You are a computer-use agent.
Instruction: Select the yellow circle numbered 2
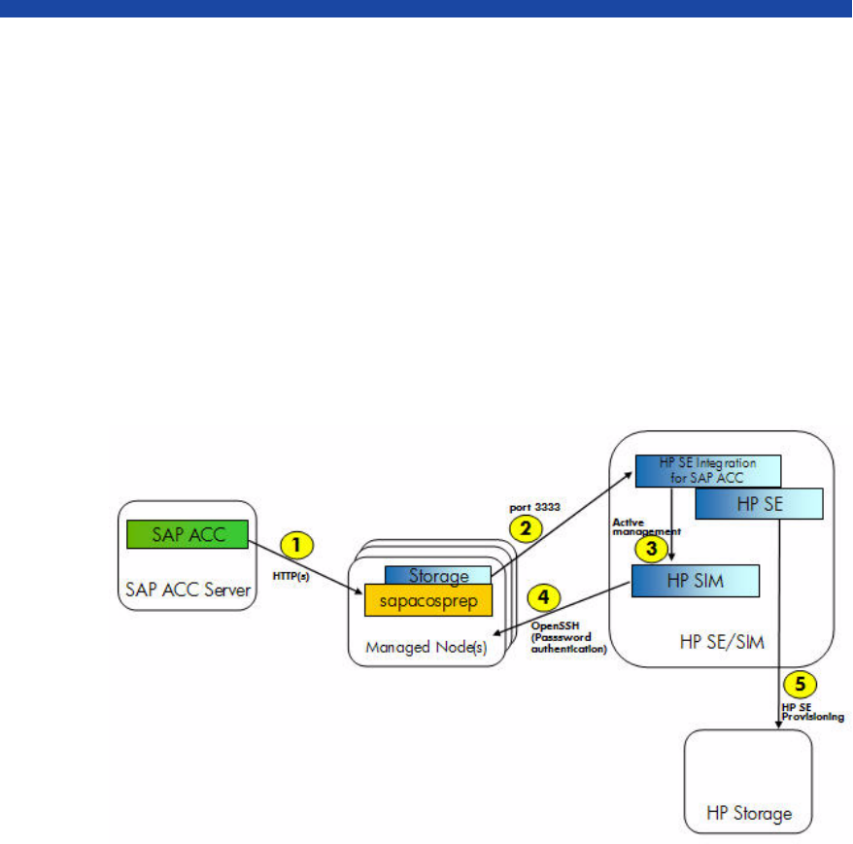(525, 527)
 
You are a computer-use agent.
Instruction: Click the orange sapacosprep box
(428, 599)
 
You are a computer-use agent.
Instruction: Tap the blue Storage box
(438, 576)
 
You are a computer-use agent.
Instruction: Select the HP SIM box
(695, 581)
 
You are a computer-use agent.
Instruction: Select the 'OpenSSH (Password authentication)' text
(568, 637)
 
